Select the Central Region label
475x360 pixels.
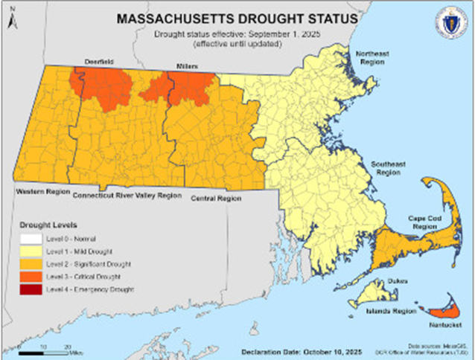(216, 199)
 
